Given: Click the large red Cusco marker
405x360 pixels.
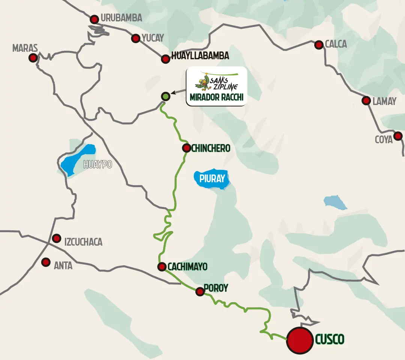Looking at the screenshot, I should (x=300, y=340).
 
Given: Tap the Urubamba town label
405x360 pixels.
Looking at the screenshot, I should (x=121, y=18).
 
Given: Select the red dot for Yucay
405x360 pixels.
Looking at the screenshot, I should (x=136, y=38).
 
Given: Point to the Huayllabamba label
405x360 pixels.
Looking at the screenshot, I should (x=200, y=56).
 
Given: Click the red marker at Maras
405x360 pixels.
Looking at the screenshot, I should (x=33, y=58).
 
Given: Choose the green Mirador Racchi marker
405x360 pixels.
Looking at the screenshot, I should (x=165, y=96).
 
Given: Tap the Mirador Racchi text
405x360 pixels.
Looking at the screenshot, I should (x=216, y=97).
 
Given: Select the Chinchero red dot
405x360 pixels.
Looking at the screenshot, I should (x=186, y=148).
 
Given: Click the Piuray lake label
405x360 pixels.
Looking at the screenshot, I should (x=212, y=178).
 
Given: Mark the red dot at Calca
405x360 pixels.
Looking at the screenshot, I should (x=319, y=45).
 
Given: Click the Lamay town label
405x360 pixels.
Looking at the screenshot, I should (x=384, y=101).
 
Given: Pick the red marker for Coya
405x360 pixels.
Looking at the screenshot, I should (x=398, y=136).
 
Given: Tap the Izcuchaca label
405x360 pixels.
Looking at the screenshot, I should (x=83, y=242).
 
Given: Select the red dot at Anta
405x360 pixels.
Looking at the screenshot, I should (x=46, y=262).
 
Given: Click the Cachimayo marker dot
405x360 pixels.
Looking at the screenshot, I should (x=162, y=267).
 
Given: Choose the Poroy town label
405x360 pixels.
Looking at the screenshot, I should (x=216, y=288).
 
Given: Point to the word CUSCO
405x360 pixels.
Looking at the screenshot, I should (x=330, y=340).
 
